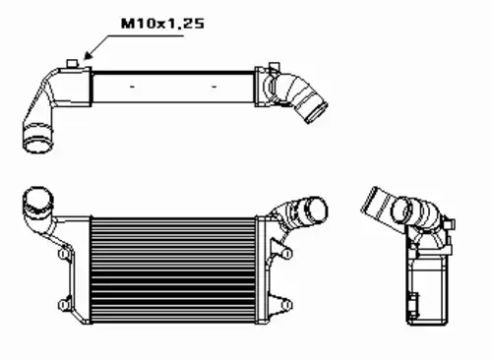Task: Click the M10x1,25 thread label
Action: pyautogui.click(x=162, y=24)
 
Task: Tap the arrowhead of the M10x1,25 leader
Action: pyautogui.click(x=87, y=56)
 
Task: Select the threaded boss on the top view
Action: pyautogui.click(x=72, y=63)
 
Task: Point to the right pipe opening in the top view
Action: pyautogui.click(x=317, y=113)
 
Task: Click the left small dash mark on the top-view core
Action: pyautogui.click(x=133, y=87)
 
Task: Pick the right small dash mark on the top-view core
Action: pyautogui.click(x=215, y=87)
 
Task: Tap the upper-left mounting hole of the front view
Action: pyautogui.click(x=62, y=254)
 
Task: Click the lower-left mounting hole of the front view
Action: pyautogui.click(x=62, y=305)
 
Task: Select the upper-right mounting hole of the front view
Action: pyautogui.click(x=287, y=254)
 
